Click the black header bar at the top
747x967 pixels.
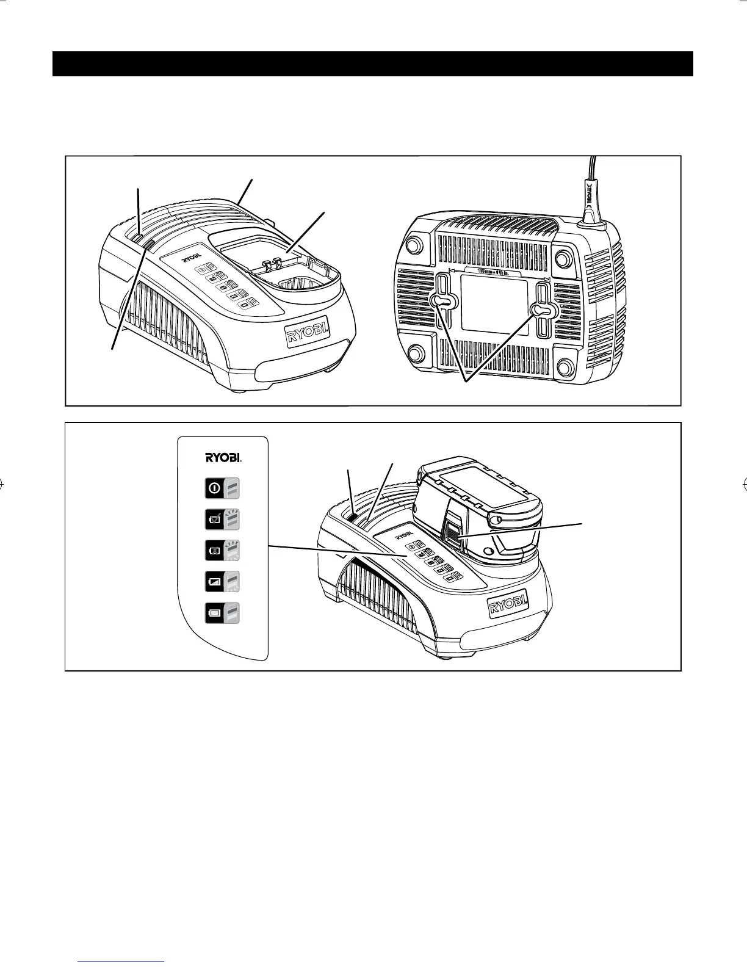[372, 63]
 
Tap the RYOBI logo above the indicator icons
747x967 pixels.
[222, 457]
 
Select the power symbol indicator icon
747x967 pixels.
[215, 488]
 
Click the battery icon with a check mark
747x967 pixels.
[215, 520]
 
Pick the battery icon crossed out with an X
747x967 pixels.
[215, 551]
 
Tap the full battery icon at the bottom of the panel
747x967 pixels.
[215, 613]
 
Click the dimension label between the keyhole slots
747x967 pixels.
[498, 272]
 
